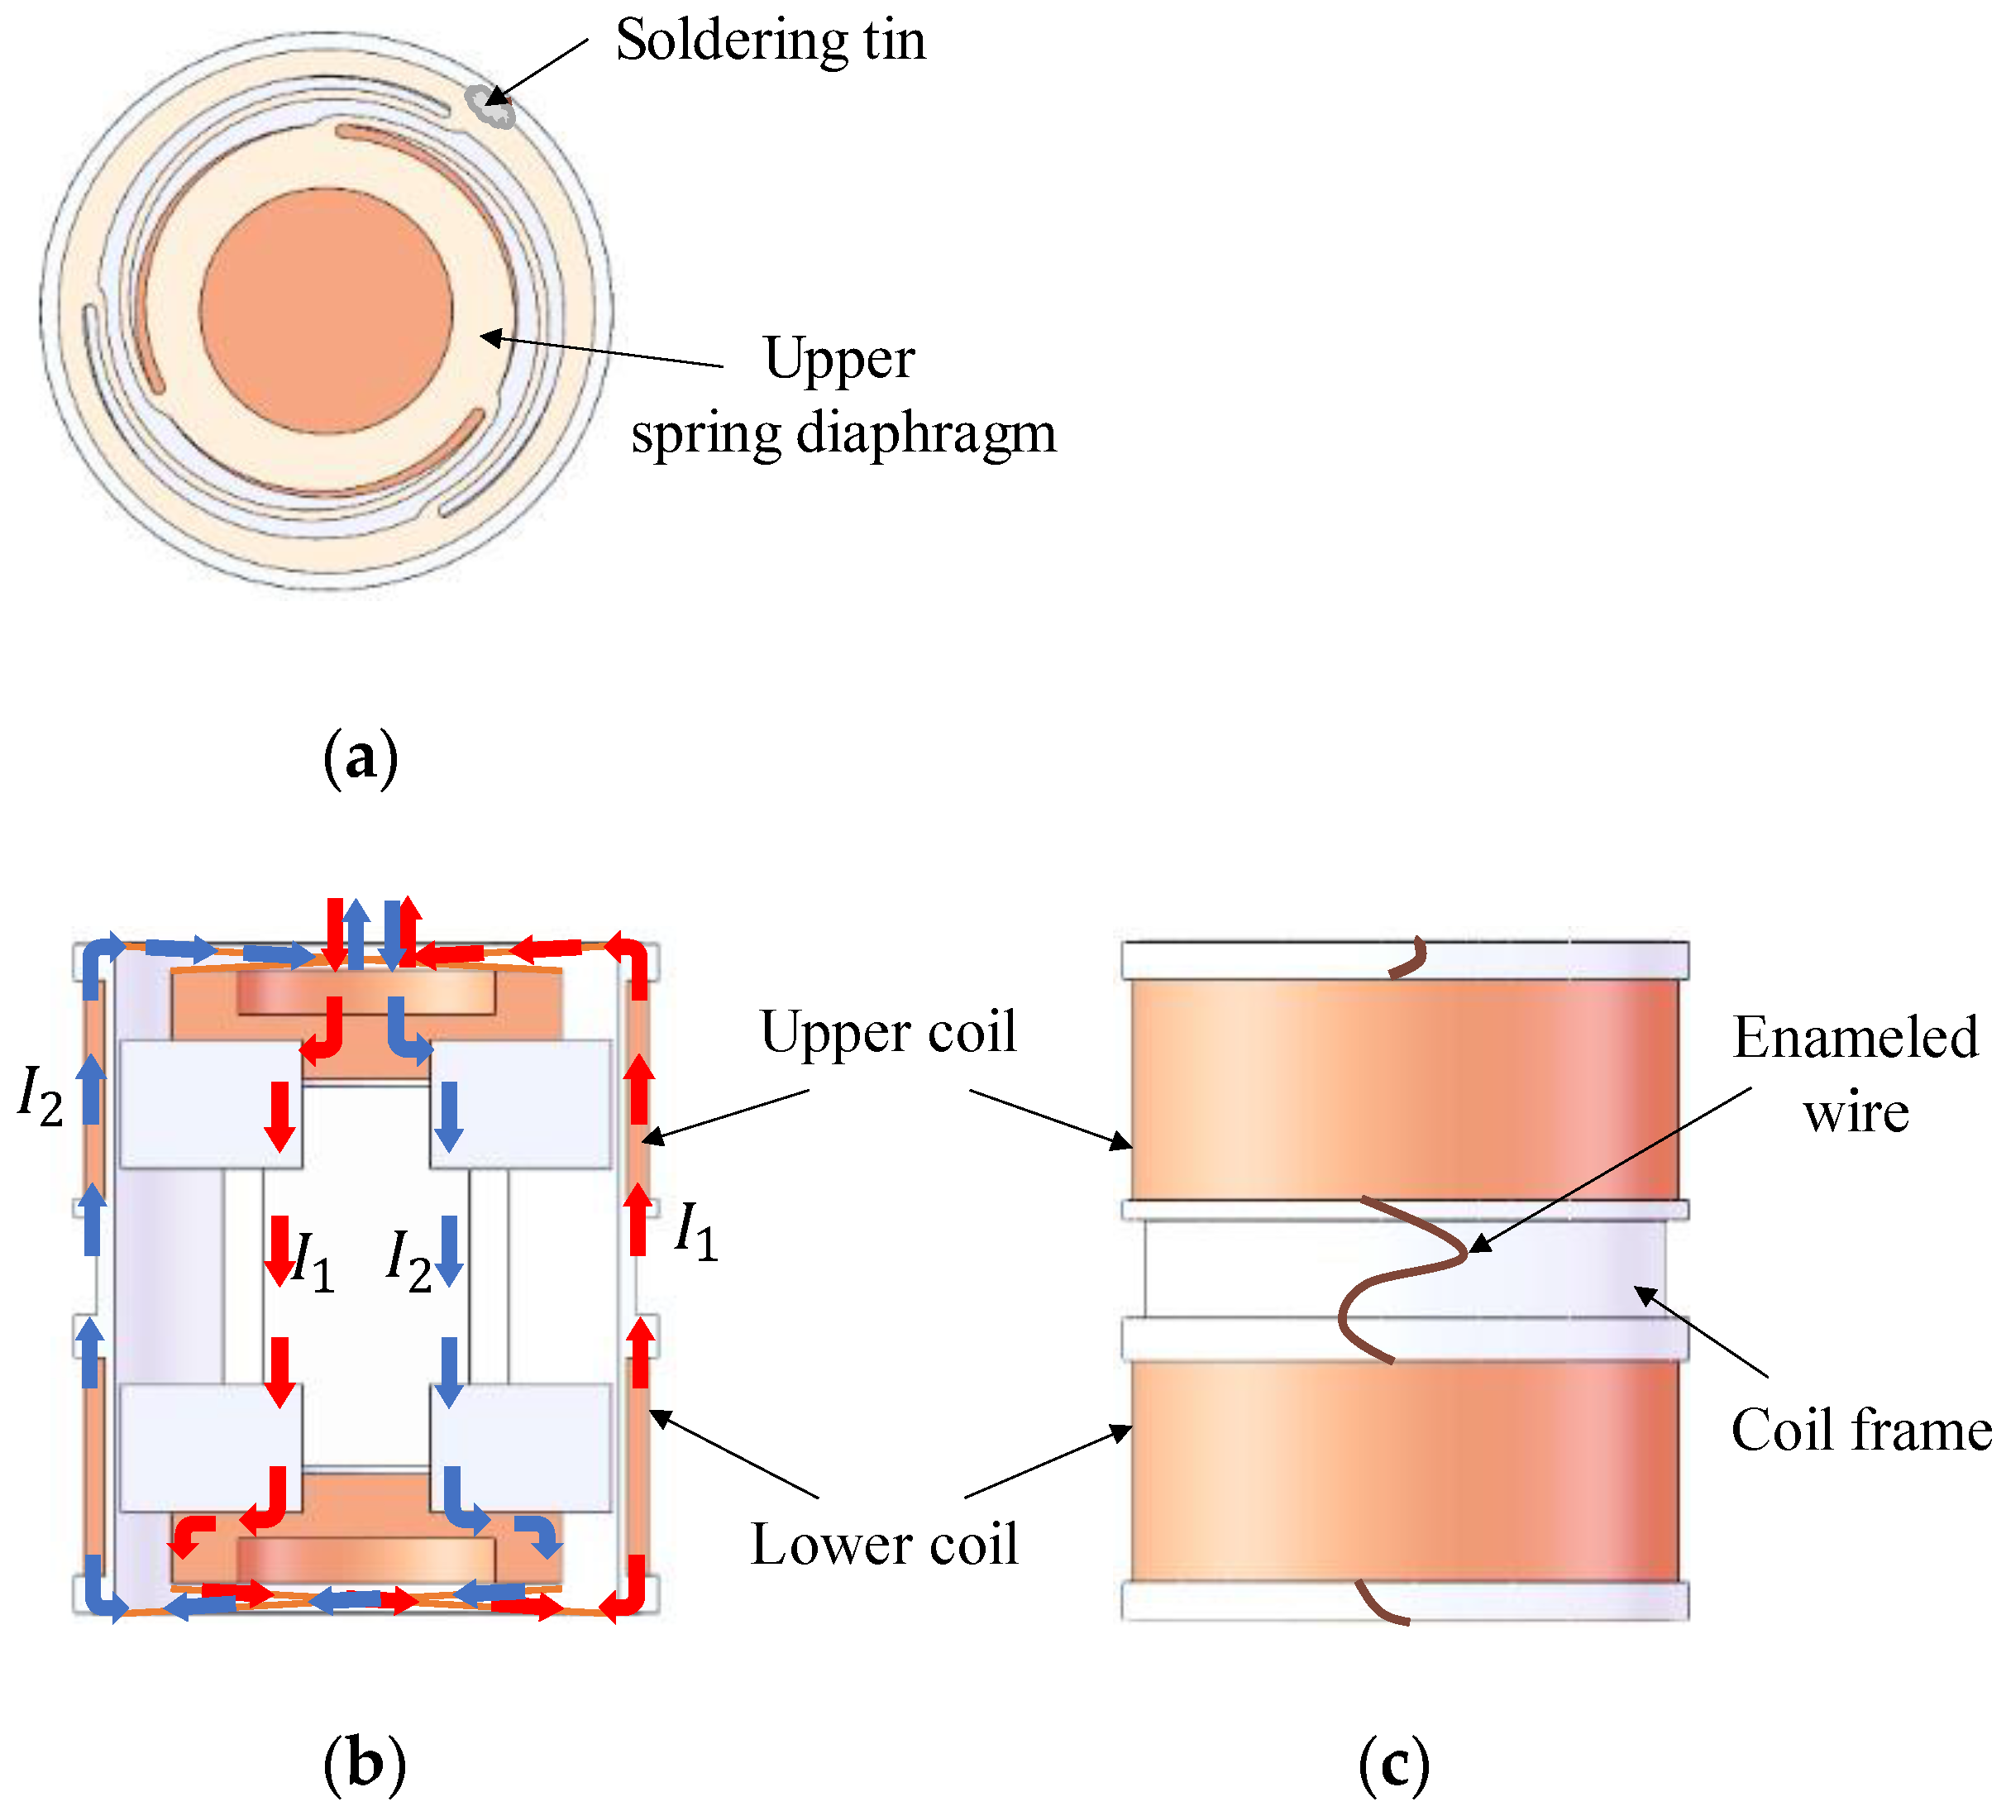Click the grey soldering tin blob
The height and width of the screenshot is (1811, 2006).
click(x=490, y=106)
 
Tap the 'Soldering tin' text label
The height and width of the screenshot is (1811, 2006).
click(x=770, y=41)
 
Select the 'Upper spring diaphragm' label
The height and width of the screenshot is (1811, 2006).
click(x=843, y=396)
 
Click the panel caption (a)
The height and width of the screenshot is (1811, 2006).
click(x=361, y=759)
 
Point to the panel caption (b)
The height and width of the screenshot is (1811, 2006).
click(x=364, y=1764)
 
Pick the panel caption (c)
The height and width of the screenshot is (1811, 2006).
click(x=1393, y=1764)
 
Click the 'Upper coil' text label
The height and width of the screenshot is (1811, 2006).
click(x=889, y=1032)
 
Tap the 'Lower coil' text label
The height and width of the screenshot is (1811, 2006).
click(x=884, y=1545)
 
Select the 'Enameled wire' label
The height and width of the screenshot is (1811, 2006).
click(x=1855, y=1075)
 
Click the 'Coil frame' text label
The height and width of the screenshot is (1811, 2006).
click(x=1860, y=1431)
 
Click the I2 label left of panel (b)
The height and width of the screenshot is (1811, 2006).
click(x=41, y=1096)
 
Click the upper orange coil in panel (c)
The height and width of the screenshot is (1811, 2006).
click(x=1403, y=1090)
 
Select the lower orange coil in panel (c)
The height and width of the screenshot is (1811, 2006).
click(x=1403, y=1470)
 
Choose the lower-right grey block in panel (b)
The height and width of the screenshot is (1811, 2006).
click(x=520, y=1448)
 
